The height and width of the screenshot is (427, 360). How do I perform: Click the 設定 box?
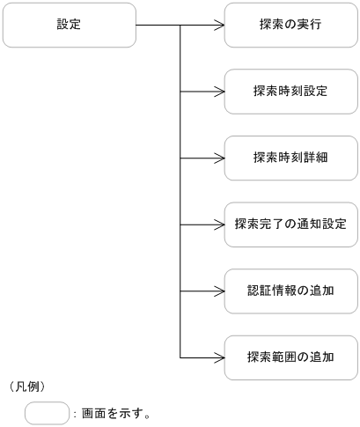coord(70,26)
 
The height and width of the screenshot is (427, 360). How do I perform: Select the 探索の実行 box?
coord(290,26)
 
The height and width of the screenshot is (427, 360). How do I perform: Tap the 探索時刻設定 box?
coord(290,92)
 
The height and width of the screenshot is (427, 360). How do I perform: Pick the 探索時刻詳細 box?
coord(290,158)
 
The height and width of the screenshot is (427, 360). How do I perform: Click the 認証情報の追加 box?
coord(290,290)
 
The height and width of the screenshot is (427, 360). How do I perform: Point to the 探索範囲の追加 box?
coord(290,357)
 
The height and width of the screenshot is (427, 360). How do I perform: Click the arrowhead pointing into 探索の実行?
coord(220,26)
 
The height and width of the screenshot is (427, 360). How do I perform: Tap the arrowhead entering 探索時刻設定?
coord(220,92)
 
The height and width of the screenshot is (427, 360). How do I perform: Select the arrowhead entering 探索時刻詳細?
coord(220,158)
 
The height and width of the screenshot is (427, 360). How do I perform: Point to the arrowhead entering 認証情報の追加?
coord(220,290)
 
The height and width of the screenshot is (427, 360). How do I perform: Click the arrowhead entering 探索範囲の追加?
coord(220,357)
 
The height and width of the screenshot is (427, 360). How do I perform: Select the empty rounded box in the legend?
coord(47,412)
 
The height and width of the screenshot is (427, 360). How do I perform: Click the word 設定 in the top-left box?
coord(68,25)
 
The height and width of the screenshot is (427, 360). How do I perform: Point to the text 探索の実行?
coord(290,26)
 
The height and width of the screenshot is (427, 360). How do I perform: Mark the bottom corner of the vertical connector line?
coord(180,357)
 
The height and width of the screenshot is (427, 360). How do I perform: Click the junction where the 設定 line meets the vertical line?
coord(180,26)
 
